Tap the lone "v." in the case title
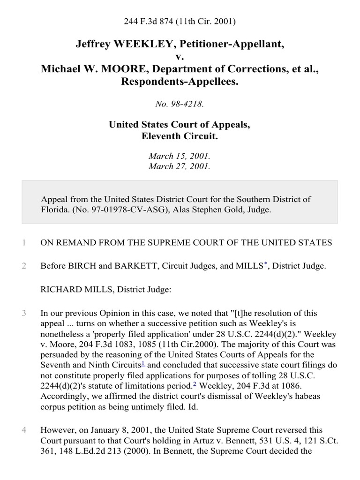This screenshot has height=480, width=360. pyautogui.click(x=180, y=57)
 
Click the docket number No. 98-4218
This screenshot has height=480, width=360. pyautogui.click(x=180, y=104)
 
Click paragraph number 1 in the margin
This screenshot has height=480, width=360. pyautogui.click(x=23, y=242)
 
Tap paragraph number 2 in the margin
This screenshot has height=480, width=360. pyautogui.click(x=23, y=266)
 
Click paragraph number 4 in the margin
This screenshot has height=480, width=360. pyautogui.click(x=23, y=430)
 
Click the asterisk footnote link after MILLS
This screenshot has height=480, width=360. pyautogui.click(x=266, y=264)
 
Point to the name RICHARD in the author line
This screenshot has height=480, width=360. pyautogui.click(x=58, y=290)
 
